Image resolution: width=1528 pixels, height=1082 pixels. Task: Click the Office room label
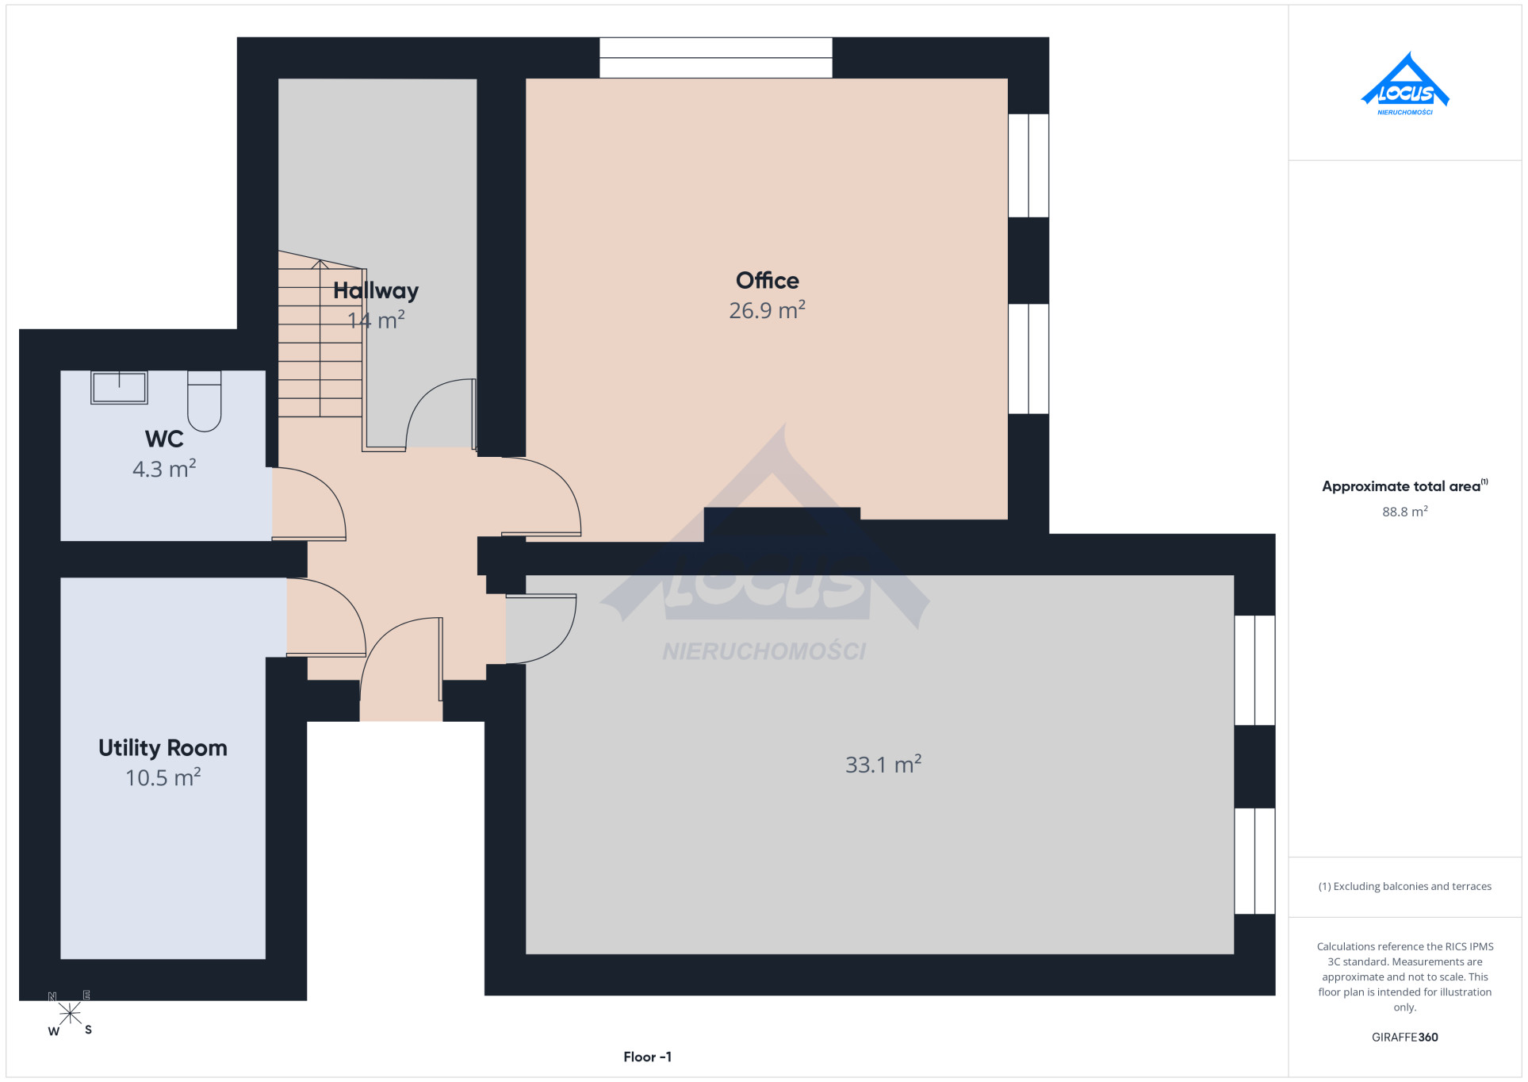click(767, 280)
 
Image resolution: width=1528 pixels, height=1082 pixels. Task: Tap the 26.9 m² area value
click(767, 310)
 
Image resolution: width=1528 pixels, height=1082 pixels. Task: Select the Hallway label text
click(375, 291)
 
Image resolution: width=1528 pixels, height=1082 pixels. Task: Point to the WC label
click(164, 439)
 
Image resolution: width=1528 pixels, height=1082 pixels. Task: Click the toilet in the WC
click(204, 401)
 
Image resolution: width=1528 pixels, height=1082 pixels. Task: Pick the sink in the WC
click(119, 387)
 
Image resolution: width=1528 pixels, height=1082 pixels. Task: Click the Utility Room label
click(163, 748)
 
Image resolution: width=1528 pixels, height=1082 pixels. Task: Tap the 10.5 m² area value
click(163, 777)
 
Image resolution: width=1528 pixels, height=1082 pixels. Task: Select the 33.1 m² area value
click(883, 765)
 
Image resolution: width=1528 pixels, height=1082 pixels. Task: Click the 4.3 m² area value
click(164, 469)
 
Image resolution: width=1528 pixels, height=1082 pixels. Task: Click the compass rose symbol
click(70, 1014)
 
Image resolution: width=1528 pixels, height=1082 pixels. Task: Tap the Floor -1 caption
click(647, 1057)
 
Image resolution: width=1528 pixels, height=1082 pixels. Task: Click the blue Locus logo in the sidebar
click(1404, 84)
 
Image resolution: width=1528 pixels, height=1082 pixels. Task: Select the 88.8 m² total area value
click(1404, 512)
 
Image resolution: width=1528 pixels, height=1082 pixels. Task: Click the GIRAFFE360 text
click(1404, 1037)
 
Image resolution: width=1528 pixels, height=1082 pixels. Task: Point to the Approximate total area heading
click(1404, 485)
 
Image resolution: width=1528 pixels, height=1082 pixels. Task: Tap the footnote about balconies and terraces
click(1404, 886)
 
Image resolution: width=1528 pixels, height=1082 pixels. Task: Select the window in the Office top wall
click(715, 57)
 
